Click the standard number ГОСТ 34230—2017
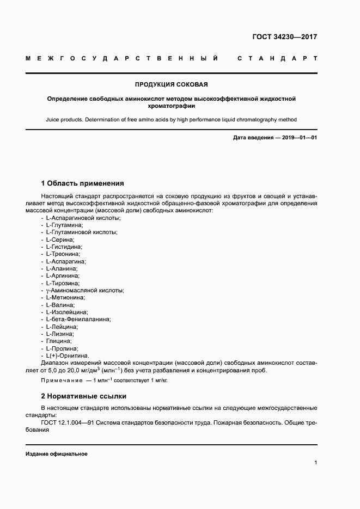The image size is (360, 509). pos(284,38)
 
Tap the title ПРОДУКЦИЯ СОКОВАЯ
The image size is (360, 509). pos(172,84)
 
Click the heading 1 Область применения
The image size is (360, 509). pos(83,183)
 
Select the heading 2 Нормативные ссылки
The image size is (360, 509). pos(84,396)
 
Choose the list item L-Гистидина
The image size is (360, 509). pos(64,247)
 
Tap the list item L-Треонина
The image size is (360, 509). pos(63,254)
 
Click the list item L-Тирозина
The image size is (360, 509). pos(63,283)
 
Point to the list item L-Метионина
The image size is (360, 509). pos(65,298)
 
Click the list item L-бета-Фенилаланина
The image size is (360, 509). pos(78,320)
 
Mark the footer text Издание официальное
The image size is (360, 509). pos(56,453)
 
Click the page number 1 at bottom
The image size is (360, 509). pos(315,463)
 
